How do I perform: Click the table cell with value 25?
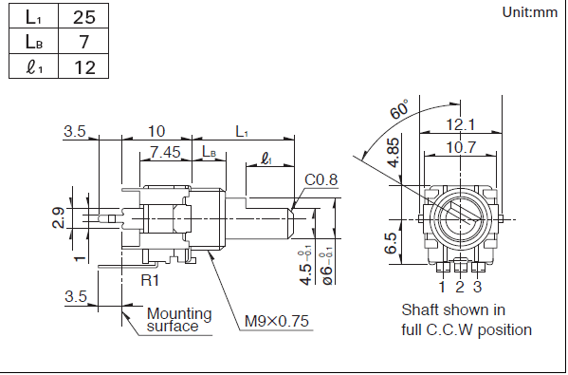point(83,17)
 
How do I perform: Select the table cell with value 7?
point(83,42)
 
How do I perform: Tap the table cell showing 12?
point(83,66)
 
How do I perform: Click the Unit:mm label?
point(530,12)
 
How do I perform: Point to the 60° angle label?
point(399,109)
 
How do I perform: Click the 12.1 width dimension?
point(461,124)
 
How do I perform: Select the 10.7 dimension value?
point(461,147)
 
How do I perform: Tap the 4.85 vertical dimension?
point(394,153)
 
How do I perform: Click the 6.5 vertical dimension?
point(391,243)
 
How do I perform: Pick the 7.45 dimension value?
point(165,152)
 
